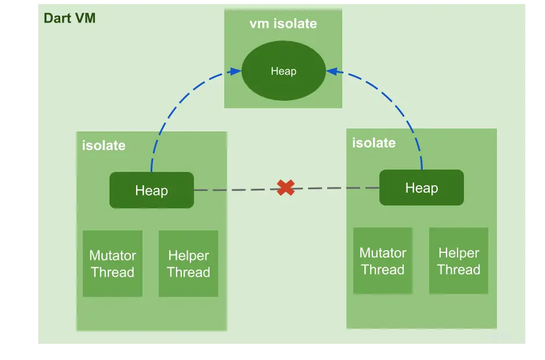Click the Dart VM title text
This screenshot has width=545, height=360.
click(70, 18)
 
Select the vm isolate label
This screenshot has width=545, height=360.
click(283, 24)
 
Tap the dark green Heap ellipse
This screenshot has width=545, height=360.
click(284, 71)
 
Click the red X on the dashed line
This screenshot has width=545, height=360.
click(286, 188)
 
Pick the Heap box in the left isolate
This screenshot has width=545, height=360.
click(152, 190)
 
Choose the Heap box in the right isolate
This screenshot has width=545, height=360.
click(422, 188)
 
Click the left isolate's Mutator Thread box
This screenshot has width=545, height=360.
click(112, 263)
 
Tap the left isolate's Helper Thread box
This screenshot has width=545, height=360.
click(188, 263)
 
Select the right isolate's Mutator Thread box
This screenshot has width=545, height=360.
click(383, 260)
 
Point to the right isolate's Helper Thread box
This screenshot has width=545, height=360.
click(459, 260)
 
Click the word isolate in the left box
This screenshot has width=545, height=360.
click(104, 145)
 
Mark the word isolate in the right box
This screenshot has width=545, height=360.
click(374, 143)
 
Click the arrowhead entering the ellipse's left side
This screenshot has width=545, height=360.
click(236, 71)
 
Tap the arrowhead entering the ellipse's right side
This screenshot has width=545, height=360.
click(332, 71)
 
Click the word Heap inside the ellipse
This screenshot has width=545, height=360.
click(284, 71)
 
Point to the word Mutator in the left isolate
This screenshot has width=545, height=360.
click(112, 255)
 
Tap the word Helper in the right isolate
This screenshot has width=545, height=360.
click(459, 253)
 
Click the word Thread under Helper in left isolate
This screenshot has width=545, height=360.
click(188, 272)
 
